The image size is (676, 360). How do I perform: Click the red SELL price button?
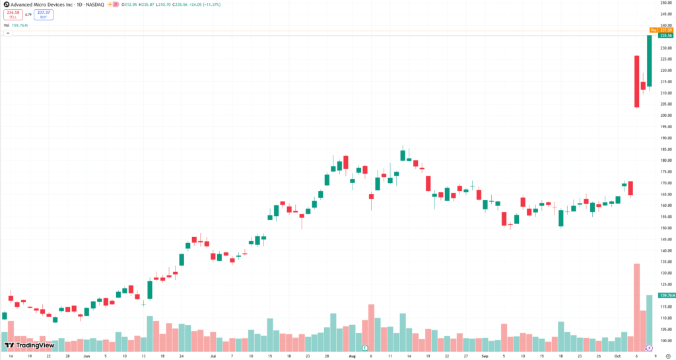tap(13, 14)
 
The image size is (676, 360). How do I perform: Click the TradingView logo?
tap(30, 345)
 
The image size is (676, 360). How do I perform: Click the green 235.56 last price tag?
tap(665, 36)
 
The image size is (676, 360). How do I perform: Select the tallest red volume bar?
tap(637, 307)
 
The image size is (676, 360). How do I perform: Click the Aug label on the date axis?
tap(352, 355)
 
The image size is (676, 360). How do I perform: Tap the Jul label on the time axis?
tap(213, 355)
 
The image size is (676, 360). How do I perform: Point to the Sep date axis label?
tap(485, 355)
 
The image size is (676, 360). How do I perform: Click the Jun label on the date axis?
tap(86, 355)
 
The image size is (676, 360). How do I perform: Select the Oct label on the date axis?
tap(618, 355)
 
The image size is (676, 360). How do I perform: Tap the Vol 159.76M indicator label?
tap(17, 26)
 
